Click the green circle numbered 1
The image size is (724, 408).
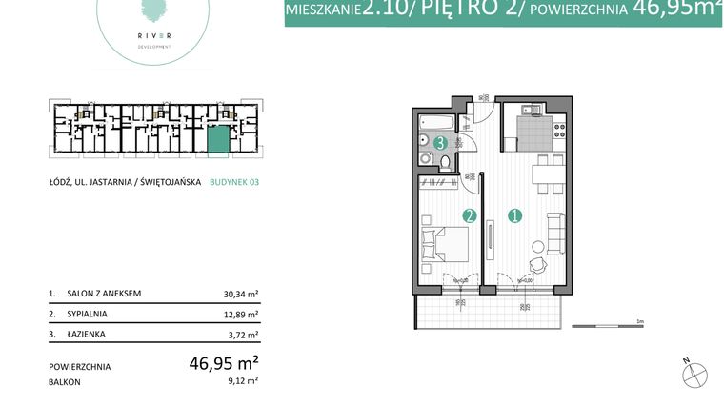click(515, 215)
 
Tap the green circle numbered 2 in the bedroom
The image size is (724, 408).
click(469, 215)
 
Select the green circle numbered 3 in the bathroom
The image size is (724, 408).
click(440, 143)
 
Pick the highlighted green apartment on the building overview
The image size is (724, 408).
click(219, 139)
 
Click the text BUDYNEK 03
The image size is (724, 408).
click(233, 186)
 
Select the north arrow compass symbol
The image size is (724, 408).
click(696, 375)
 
